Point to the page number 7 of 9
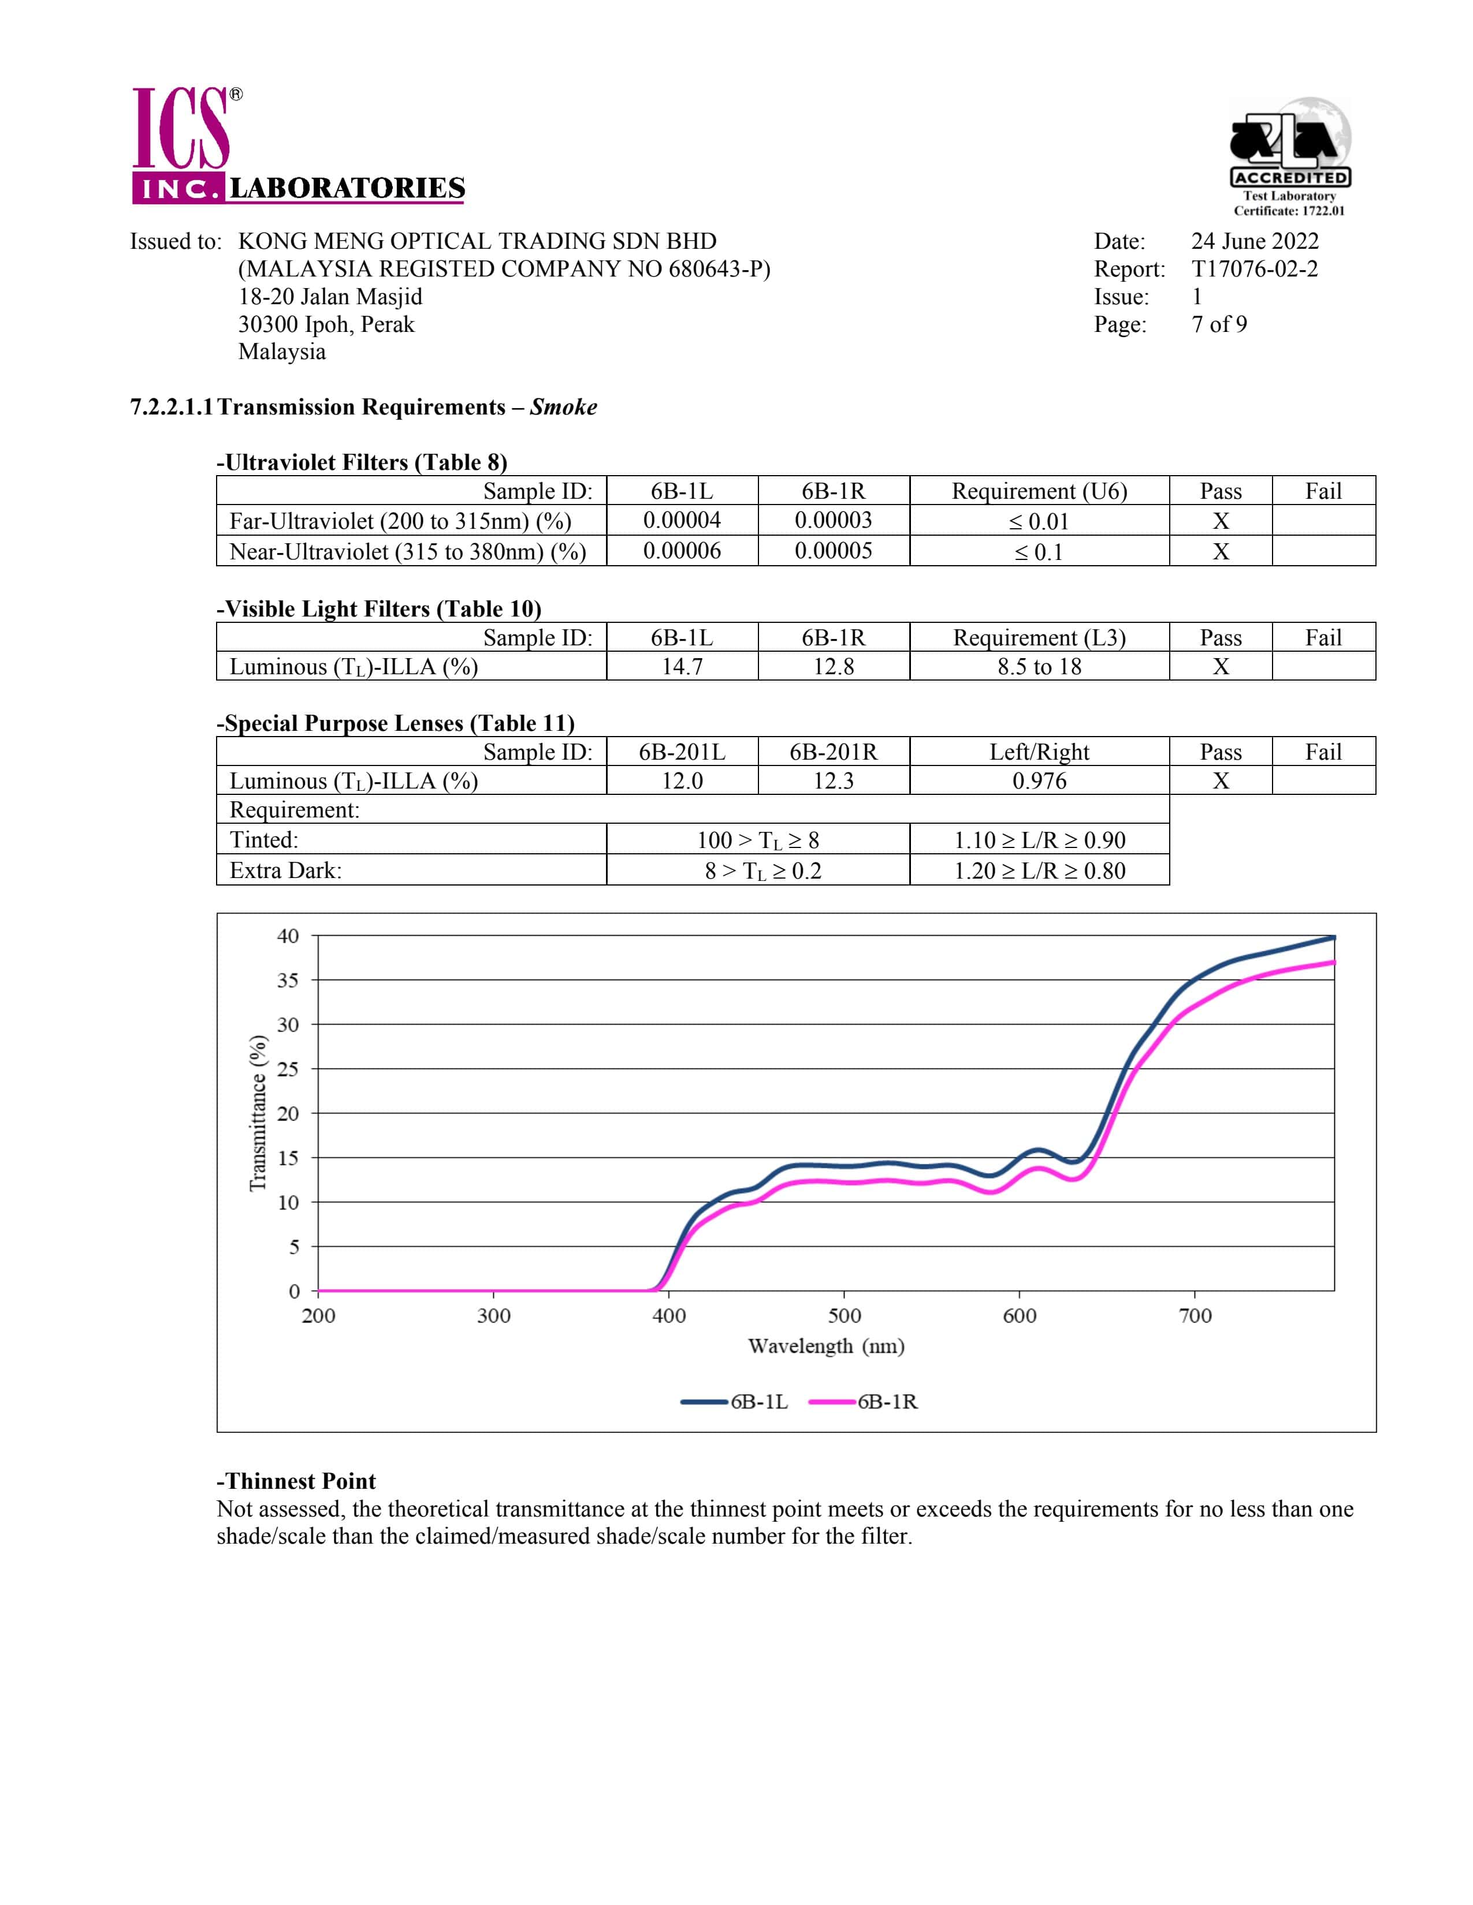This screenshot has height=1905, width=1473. tap(1218, 324)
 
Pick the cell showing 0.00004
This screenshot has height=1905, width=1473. tap(682, 521)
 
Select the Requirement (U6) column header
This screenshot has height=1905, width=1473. tap(1039, 491)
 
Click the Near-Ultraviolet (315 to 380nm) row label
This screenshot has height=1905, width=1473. tap(407, 551)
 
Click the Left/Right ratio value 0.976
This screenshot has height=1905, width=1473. tap(1039, 780)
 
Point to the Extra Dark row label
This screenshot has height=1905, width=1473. tap(285, 871)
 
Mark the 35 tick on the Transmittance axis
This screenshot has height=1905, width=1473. tap(288, 980)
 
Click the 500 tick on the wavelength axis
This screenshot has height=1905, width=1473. tap(844, 1316)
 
